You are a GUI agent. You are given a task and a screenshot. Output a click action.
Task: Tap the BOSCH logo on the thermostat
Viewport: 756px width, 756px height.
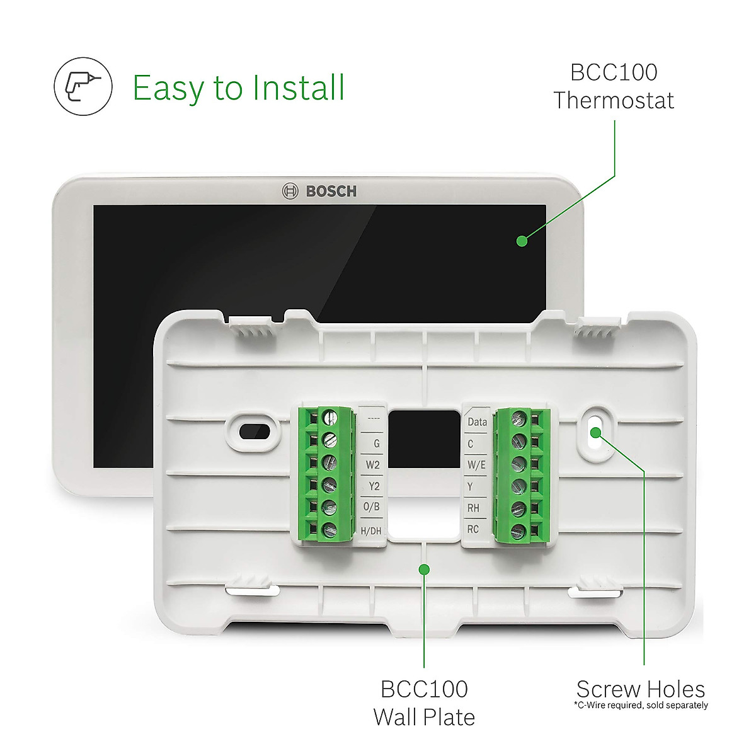pyautogui.click(x=319, y=191)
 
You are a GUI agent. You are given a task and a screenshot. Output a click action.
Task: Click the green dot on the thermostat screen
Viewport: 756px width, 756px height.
pyautogui.click(x=522, y=240)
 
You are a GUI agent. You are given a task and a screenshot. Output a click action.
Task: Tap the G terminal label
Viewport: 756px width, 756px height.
pyautogui.click(x=376, y=444)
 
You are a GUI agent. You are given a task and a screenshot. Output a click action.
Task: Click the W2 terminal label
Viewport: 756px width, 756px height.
pyautogui.click(x=373, y=465)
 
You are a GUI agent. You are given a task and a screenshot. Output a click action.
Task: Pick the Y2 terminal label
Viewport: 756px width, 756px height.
pyautogui.click(x=374, y=486)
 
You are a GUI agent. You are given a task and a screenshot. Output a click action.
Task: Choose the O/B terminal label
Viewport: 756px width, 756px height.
pyautogui.click(x=372, y=508)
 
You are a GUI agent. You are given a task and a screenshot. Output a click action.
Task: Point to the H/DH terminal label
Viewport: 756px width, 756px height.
pyautogui.click(x=371, y=530)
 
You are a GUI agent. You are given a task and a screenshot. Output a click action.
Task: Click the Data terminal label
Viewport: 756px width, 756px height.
pyautogui.click(x=477, y=422)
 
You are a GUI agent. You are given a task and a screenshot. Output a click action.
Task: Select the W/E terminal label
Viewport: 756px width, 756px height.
pyautogui.click(x=476, y=465)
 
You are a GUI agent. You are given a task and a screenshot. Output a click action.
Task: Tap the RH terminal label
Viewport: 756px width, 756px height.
pyautogui.click(x=472, y=508)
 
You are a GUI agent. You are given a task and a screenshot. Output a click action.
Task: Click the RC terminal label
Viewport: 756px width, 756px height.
pyautogui.click(x=472, y=529)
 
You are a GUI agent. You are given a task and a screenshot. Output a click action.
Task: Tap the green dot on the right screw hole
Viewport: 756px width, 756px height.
pyautogui.click(x=595, y=432)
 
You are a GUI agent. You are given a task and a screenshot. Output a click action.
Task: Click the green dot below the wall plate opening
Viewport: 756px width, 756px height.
pyautogui.click(x=424, y=569)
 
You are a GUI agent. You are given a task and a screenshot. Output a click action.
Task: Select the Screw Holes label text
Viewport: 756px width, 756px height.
pyautogui.click(x=640, y=689)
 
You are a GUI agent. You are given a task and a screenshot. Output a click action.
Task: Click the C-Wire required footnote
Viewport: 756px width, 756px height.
pyautogui.click(x=641, y=705)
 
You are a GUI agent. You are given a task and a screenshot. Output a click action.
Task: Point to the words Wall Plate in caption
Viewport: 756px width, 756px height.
pyautogui.click(x=424, y=717)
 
